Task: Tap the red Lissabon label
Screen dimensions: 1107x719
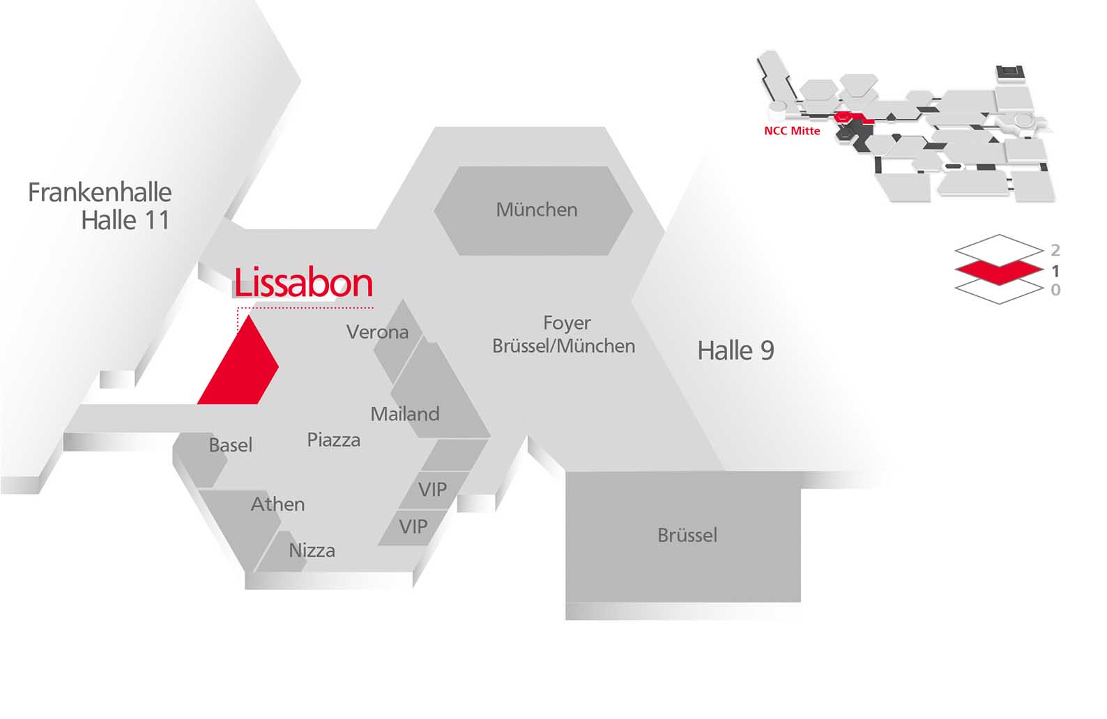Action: (303, 282)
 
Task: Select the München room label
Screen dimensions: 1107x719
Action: (537, 210)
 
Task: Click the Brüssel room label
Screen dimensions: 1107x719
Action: (687, 535)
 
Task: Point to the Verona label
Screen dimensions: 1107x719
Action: (378, 332)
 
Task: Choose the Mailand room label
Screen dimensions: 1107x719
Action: (405, 414)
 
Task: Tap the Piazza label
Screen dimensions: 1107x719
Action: (334, 440)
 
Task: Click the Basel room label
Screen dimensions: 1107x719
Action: (231, 445)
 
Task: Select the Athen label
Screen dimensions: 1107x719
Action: (277, 504)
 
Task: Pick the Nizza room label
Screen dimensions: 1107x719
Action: (312, 550)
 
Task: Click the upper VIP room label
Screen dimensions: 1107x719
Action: (432, 489)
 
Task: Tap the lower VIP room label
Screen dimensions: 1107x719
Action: (413, 527)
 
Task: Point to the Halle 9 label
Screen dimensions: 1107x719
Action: (735, 350)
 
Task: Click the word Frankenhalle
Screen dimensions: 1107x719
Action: (100, 192)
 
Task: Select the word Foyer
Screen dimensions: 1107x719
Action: (567, 323)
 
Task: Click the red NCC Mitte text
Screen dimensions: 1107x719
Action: (792, 131)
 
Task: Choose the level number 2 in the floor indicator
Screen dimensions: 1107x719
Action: (1055, 250)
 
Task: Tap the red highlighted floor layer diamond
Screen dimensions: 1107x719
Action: (999, 270)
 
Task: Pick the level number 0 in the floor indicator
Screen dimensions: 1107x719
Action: (1055, 290)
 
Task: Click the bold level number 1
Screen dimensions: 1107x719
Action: (1055, 271)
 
